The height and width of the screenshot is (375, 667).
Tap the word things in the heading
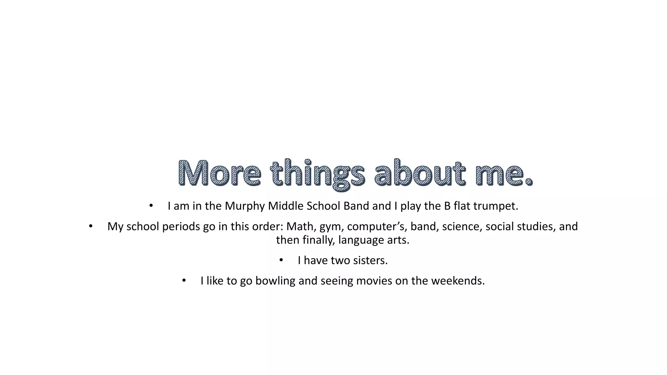[x=318, y=173]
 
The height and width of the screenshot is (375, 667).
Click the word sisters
[x=370, y=260]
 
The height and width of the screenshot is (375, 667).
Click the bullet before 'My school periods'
[x=91, y=226]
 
